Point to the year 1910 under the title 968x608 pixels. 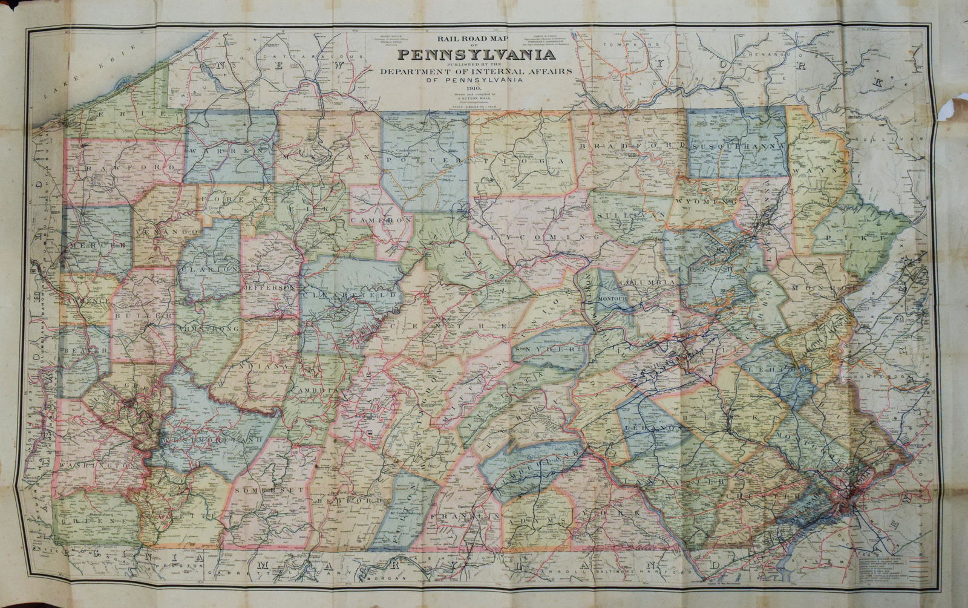476,88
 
